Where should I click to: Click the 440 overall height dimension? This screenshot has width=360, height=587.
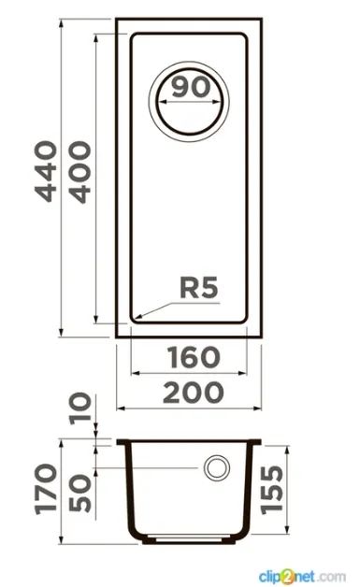coord(46,171)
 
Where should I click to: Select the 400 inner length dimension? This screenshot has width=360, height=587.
coord(79,172)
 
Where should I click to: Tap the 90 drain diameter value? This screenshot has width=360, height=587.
coord(191,87)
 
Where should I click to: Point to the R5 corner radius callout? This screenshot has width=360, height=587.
coord(198,288)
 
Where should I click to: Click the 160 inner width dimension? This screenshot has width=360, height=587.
coord(194,357)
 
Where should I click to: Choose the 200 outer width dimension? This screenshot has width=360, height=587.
coord(194,393)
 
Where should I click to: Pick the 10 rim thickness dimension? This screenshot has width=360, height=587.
coord(80,408)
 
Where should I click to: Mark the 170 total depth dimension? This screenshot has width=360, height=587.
coord(47,489)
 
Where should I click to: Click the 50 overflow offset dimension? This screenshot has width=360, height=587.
coord(80,493)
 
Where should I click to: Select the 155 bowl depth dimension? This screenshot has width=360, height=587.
coord(272,490)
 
